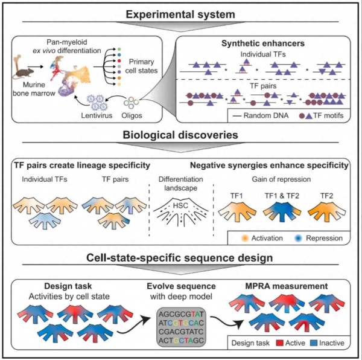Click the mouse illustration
pos(23,72)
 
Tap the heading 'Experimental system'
pos(180,14)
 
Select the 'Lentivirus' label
pos(97,115)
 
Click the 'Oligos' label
pos(132,115)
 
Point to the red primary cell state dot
pos(119,61)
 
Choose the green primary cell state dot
pos(119,49)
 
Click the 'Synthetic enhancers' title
pos(263,43)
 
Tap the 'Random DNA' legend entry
pos(261,115)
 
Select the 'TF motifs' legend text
pos(328,115)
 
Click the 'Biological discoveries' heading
pos(180,135)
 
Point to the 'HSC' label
pos(180,205)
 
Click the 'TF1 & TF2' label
pos(282,196)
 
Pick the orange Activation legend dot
pos(244,238)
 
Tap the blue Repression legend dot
pos(298,238)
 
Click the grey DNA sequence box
pos(181,327)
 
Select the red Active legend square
pos(279,343)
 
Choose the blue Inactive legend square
pos(314,343)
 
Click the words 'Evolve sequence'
pos(181,286)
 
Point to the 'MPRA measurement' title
pos(286,286)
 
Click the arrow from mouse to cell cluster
pos(36,67)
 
